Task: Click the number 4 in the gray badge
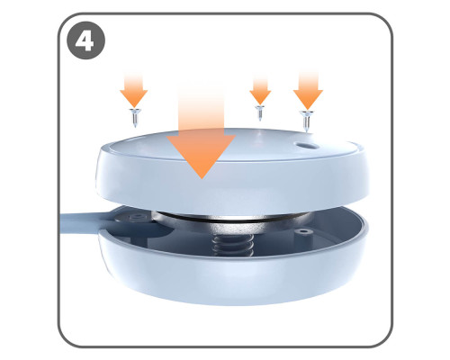coord(85,40)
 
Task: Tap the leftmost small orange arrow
coord(134,90)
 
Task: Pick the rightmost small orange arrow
coord(308,90)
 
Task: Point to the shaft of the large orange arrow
coord(202,110)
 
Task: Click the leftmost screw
coord(135,118)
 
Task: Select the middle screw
coord(260,112)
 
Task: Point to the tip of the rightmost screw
coord(306,132)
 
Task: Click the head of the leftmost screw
coord(135,111)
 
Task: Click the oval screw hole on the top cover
coord(307,146)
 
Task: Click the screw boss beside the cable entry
coord(137,217)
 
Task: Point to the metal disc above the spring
coord(231,223)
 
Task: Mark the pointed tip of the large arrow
coord(202,179)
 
